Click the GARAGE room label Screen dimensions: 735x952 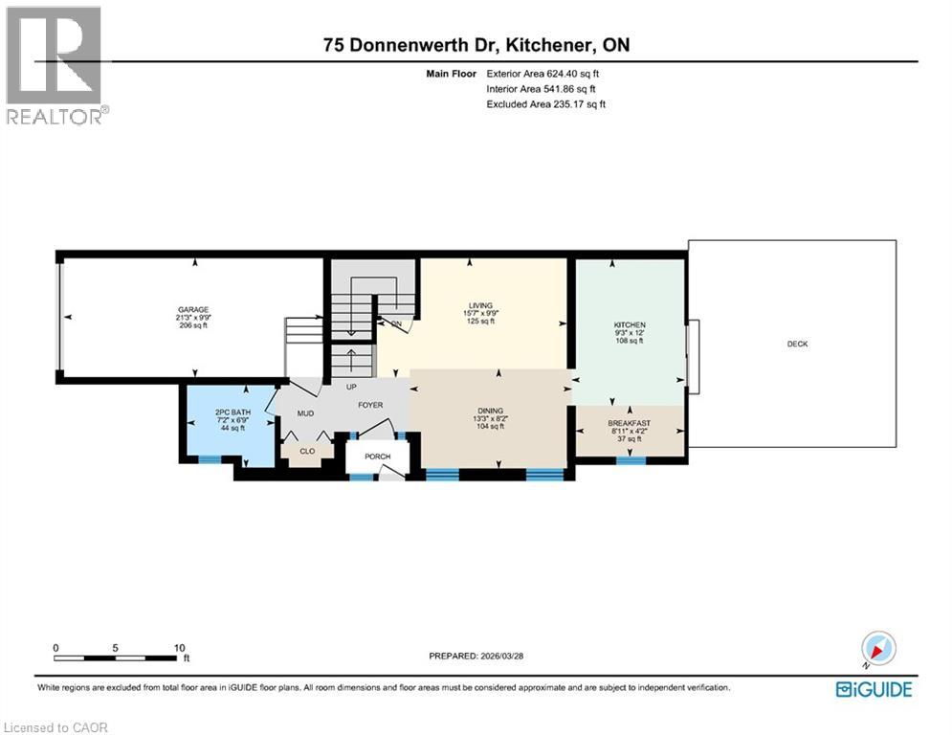pyautogui.click(x=192, y=310)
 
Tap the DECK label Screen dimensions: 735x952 pyautogui.click(x=797, y=344)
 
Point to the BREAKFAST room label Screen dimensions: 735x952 pyautogui.click(x=629, y=423)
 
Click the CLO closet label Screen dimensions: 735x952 pyautogui.click(x=307, y=450)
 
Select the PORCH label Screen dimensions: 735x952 pyautogui.click(x=377, y=456)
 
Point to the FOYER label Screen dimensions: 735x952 pyautogui.click(x=370, y=405)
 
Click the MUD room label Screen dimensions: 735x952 pyautogui.click(x=305, y=413)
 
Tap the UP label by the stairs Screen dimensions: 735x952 pyautogui.click(x=351, y=388)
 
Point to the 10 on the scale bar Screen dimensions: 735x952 pyautogui.click(x=179, y=647)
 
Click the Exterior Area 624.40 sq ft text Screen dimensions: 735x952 pyautogui.click(x=545, y=73)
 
